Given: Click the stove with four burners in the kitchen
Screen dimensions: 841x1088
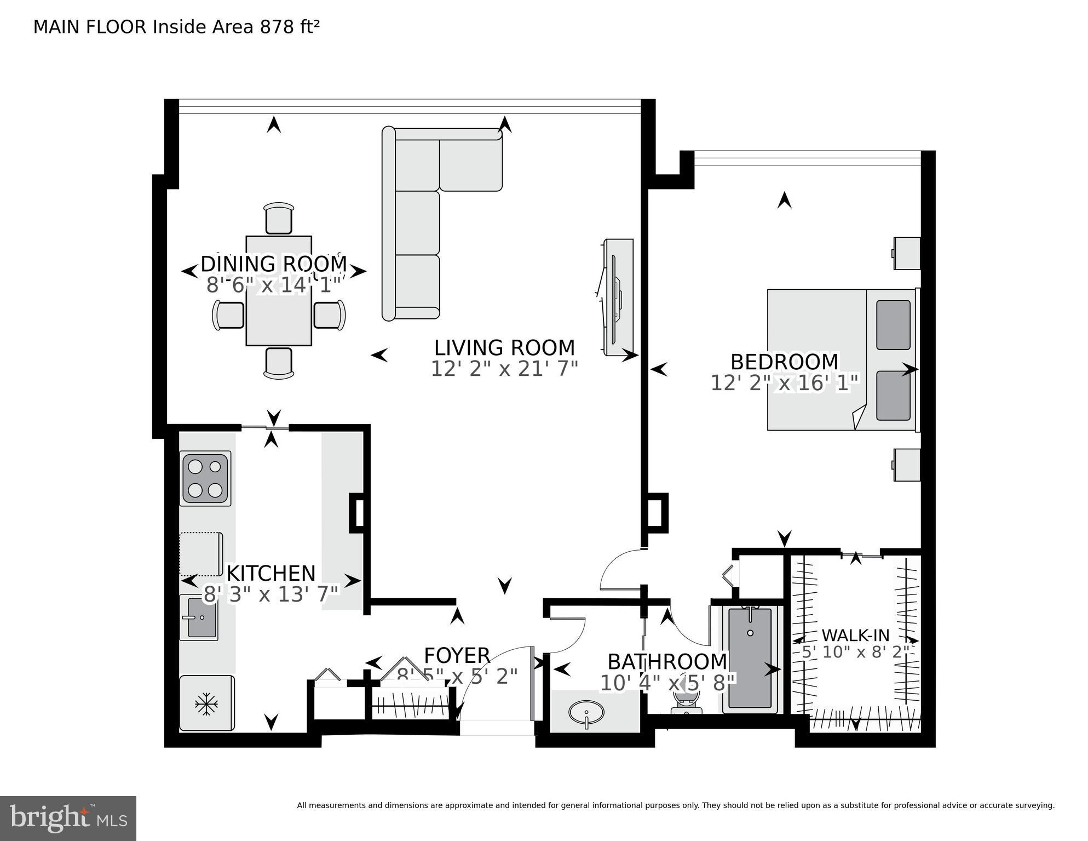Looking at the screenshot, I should coord(205,478).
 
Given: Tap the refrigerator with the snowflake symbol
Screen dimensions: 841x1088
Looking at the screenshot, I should coord(206,703).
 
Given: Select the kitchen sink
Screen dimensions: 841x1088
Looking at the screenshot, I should coord(199,617).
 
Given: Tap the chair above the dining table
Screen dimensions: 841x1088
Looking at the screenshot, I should coord(279,218).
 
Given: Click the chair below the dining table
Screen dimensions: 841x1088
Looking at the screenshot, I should coord(279,363).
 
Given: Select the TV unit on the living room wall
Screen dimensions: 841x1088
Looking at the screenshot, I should coord(618,297).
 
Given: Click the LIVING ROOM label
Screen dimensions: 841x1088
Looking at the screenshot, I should coord(504,348).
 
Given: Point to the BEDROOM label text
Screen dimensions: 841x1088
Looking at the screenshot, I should coord(784,362).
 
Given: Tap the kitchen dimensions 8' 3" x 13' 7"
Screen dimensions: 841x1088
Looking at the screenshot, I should coord(272,594).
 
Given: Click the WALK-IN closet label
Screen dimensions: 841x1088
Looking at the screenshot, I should coord(855,636).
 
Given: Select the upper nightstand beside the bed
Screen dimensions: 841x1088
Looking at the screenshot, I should coord(907,253).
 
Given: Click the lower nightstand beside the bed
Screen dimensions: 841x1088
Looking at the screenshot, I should coord(907,465).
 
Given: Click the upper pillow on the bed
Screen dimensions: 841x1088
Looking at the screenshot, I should coord(893,324).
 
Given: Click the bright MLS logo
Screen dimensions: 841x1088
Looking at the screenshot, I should coord(68,818).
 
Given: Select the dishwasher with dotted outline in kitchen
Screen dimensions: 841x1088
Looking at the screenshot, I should coord(201,553).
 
